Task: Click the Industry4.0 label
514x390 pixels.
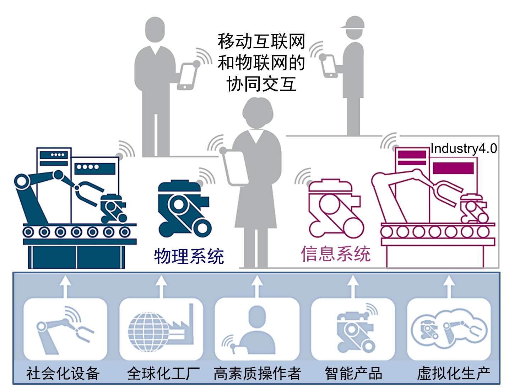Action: (464, 148)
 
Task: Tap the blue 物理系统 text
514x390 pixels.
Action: (189, 256)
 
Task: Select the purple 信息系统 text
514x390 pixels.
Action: (336, 254)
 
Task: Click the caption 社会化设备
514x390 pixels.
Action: (63, 373)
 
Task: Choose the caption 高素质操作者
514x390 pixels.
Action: (258, 373)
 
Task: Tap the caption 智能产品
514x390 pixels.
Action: (353, 373)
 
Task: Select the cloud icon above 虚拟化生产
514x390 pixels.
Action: (449, 329)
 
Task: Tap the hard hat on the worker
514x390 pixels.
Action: (353, 22)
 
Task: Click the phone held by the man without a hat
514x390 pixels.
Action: (187, 76)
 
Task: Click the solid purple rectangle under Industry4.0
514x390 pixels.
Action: (453, 168)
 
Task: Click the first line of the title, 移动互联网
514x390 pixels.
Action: (261, 41)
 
